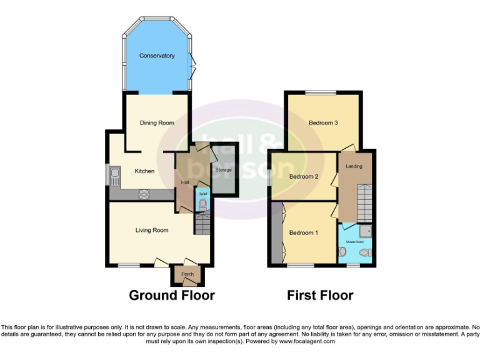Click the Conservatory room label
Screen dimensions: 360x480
[157, 56]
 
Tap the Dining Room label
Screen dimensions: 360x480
[157, 123]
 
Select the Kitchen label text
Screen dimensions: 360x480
[145, 171]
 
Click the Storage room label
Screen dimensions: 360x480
[224, 170]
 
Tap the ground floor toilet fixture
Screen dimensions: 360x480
[202, 203]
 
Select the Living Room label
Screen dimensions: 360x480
[152, 231]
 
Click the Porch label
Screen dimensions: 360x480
[187, 274]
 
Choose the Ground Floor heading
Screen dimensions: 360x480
[172, 296]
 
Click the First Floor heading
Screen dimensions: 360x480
[320, 296]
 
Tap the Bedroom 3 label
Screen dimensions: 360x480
[323, 123]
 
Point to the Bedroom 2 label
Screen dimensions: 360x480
[304, 177]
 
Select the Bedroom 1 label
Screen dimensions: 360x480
[303, 233]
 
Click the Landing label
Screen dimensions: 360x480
[354, 166]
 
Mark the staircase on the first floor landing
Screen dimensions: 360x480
[364, 203]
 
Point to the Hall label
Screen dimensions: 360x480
[185, 182]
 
